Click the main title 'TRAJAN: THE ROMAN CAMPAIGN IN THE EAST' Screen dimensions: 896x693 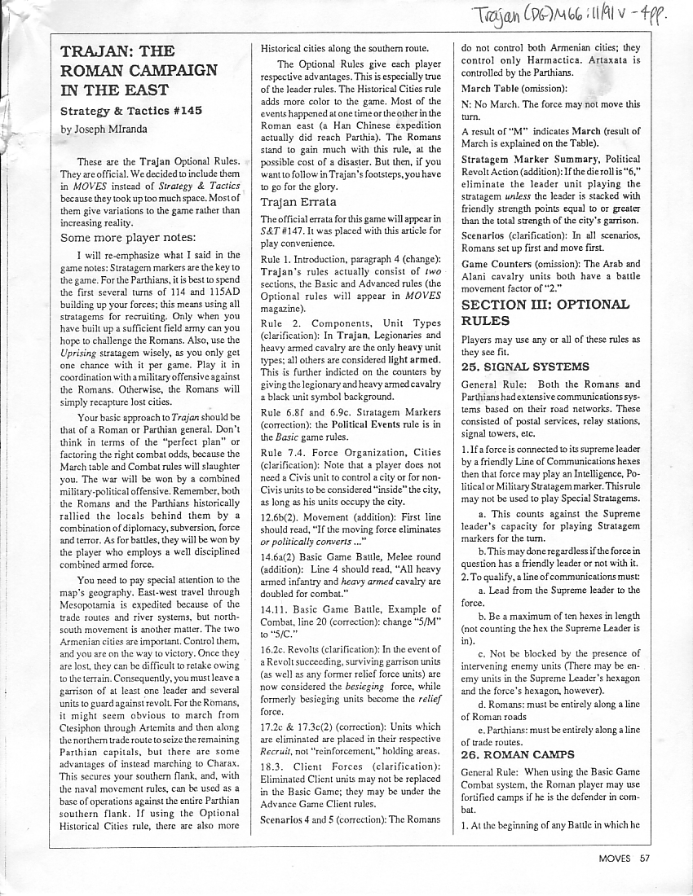[x=139, y=71]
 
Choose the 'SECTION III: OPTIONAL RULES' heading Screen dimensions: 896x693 [x=545, y=313]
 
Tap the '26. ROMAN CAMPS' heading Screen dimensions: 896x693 [x=518, y=754]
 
